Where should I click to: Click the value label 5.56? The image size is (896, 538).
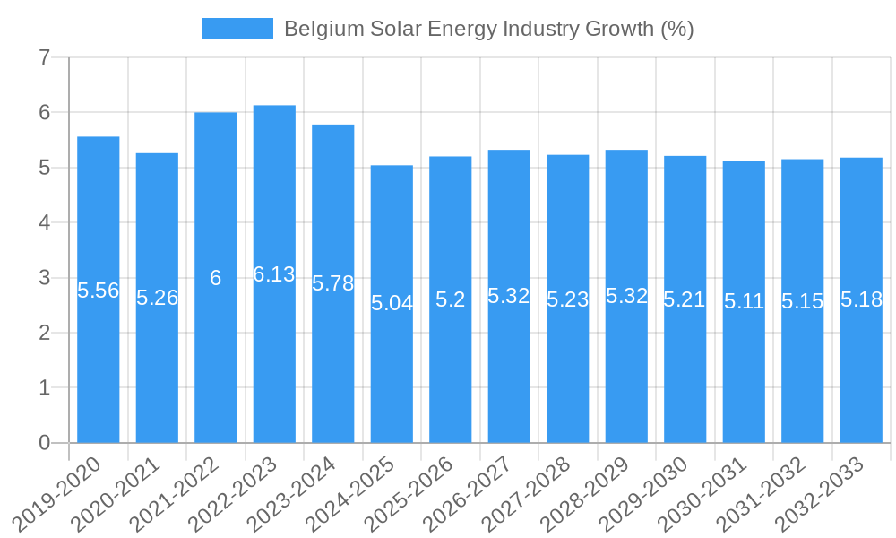99,291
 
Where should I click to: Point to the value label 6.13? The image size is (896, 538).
274,274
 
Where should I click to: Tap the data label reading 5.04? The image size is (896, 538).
392,303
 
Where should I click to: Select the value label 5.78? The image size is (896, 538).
333,283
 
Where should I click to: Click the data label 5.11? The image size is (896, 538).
744,301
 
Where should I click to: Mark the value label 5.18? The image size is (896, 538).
861,299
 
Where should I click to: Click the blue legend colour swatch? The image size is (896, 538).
237,29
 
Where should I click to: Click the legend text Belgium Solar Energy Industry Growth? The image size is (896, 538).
488,29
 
